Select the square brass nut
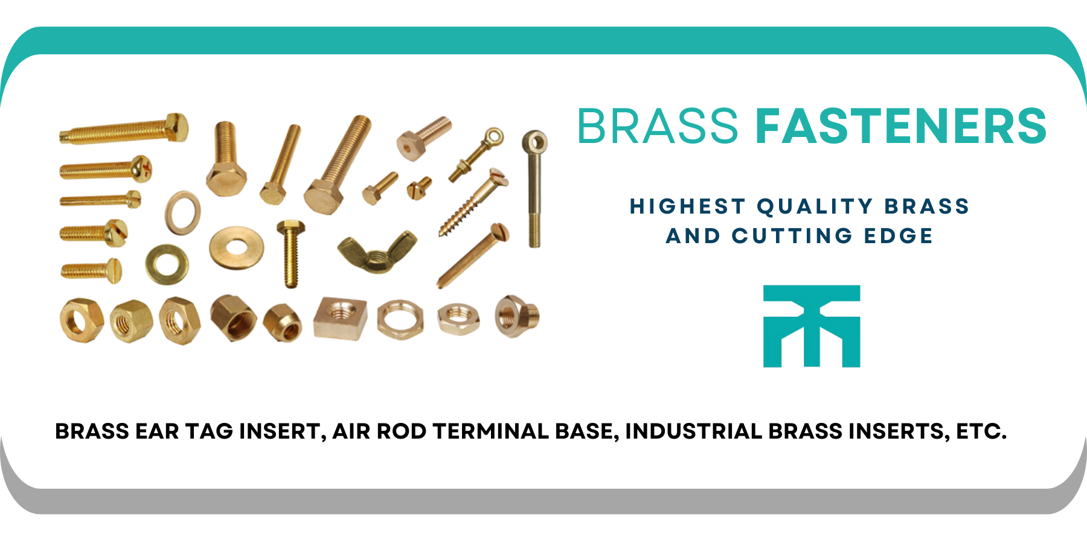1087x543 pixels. coord(341,318)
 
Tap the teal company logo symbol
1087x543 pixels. coord(812,326)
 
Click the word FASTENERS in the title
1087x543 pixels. coord(901,126)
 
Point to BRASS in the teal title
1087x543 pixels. coord(658,126)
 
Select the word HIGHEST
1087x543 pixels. coord(687,206)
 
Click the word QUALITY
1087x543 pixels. coord(815,206)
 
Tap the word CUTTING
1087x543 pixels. coord(792,235)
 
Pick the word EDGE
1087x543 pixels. coord(899,235)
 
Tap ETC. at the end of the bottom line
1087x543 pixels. coord(981,431)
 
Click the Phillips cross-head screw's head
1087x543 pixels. coord(142,167)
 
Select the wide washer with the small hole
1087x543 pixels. coord(236,248)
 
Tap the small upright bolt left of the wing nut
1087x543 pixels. coord(290,253)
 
